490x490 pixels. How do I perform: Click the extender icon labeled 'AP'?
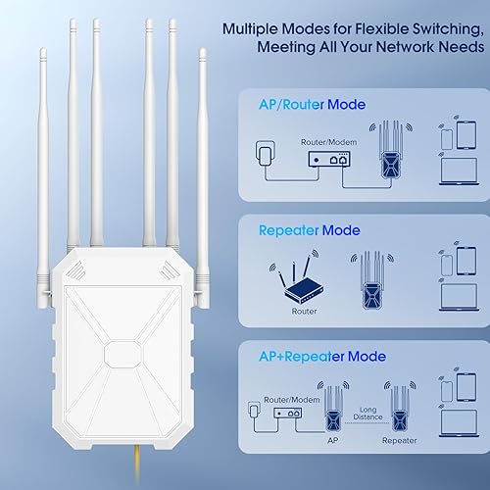pos(334,404)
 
